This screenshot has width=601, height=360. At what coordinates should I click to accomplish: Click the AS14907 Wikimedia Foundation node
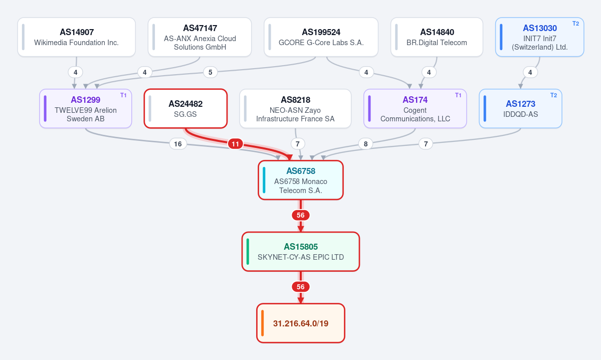coord(76,37)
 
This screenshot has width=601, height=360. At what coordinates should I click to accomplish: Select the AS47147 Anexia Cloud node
coord(199,37)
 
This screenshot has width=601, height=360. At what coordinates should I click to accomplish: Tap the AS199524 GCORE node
coord(321,37)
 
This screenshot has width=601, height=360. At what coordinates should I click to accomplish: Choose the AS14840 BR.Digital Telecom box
coord(437,37)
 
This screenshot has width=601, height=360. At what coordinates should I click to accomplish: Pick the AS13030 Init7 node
coord(540,37)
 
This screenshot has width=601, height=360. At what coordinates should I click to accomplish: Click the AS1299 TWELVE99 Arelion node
coord(86,109)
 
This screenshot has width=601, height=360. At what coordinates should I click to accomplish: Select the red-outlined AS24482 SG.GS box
coord(185,109)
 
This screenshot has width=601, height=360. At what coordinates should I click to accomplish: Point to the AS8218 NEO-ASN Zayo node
coord(295,109)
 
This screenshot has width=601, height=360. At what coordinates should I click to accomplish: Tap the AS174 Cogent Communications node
coord(415,109)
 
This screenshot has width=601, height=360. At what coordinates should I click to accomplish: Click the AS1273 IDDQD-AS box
coord(520,109)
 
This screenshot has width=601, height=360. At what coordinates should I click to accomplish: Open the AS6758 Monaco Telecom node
coord(301,180)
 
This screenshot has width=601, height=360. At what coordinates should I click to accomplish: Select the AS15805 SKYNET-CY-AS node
coord(301,252)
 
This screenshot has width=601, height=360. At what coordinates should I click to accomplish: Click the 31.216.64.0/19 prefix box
coord(301,323)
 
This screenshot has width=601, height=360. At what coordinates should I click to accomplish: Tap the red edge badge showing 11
coord(236,144)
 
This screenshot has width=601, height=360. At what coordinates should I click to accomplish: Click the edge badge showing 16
coord(178,144)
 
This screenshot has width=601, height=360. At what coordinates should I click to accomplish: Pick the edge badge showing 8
coord(365,144)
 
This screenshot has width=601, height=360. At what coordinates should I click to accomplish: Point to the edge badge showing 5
coord(210,72)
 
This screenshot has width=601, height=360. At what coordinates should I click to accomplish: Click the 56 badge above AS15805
coord(301,216)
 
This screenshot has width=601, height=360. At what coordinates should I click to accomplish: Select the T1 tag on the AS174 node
coord(458,95)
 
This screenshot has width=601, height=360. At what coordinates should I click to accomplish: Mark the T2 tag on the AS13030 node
coord(576,24)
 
